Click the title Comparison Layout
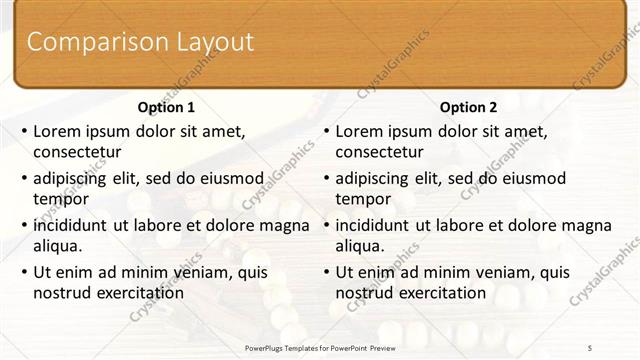(140, 42)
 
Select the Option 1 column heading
(166, 107)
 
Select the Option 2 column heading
(468, 107)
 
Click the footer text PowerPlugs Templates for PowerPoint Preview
(319, 346)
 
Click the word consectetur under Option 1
(77, 152)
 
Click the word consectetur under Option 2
(379, 152)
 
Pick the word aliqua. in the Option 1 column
(57, 246)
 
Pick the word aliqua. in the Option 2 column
(359, 246)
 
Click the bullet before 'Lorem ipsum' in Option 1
(24, 131)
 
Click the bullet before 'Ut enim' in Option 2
(326, 272)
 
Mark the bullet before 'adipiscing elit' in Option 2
(326, 178)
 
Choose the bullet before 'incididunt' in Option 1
(24, 225)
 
